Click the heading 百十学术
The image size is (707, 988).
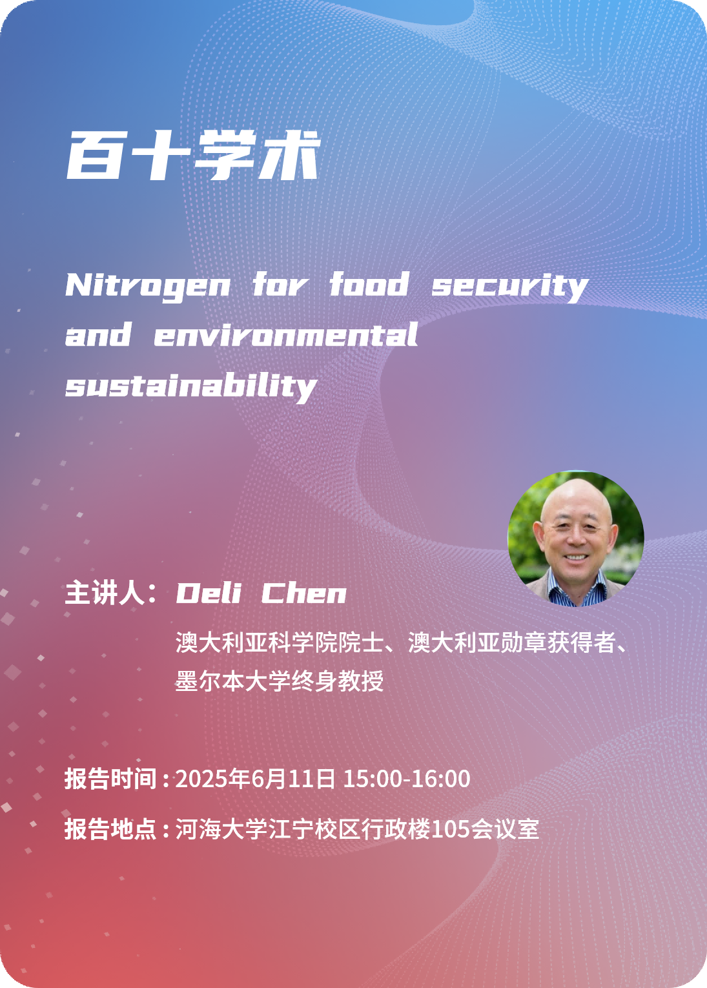(x=193, y=155)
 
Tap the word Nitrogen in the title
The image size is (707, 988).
(x=148, y=287)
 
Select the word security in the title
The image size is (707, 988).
(x=510, y=287)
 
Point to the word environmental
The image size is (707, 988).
(x=286, y=334)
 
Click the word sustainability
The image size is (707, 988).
(x=191, y=387)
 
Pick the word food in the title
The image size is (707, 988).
(x=369, y=284)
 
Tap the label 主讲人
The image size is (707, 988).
(x=105, y=593)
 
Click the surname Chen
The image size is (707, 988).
(x=304, y=593)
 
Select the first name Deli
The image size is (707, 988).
(x=209, y=593)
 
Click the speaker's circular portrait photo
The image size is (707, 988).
(x=575, y=539)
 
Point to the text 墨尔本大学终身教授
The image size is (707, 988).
(x=280, y=681)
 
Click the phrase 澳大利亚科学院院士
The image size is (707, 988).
(x=280, y=642)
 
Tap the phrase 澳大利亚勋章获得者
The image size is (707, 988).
(x=511, y=642)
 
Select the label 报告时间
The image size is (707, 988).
(x=110, y=779)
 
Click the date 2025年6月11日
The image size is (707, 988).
(x=255, y=779)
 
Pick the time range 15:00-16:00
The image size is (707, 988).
(x=407, y=779)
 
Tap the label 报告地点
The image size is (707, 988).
(x=110, y=829)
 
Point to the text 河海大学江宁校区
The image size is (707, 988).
(x=268, y=829)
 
